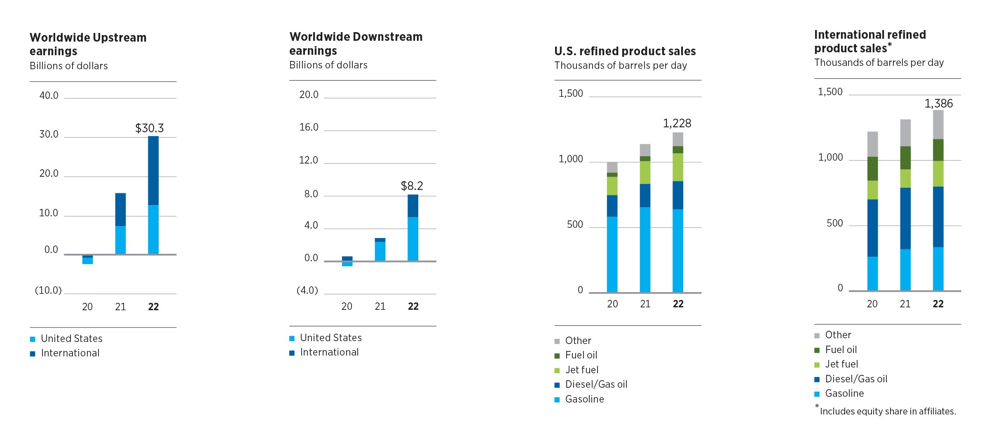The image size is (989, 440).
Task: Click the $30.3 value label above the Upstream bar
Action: tap(150, 128)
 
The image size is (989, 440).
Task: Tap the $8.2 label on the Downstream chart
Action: tap(412, 186)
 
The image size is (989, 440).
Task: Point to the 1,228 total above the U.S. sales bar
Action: tap(677, 123)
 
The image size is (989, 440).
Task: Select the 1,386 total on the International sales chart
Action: tap(939, 103)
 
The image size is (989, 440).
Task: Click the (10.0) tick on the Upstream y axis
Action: tap(48, 290)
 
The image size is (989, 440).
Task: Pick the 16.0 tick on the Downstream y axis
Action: tap(309, 127)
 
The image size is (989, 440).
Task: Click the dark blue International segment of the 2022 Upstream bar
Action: tap(153, 171)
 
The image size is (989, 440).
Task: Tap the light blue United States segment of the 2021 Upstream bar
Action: tap(120, 240)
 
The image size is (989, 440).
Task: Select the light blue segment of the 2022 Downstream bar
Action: tap(413, 239)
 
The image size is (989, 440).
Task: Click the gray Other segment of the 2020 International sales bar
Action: tap(872, 144)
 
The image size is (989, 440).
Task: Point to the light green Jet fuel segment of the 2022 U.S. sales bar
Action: tap(678, 167)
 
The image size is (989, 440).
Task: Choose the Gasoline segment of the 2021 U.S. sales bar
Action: tap(645, 250)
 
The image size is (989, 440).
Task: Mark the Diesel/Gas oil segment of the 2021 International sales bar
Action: tap(905, 218)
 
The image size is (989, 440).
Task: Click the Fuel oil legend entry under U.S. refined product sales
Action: tap(581, 355)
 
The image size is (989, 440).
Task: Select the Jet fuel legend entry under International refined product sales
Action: tap(841, 364)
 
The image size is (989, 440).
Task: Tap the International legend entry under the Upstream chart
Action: tap(70, 353)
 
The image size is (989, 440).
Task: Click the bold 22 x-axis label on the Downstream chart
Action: tap(413, 307)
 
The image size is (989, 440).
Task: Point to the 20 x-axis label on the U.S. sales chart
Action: tap(612, 304)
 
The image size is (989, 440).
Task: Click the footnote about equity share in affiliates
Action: tap(887, 411)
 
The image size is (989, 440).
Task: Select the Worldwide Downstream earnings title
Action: tap(356, 43)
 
